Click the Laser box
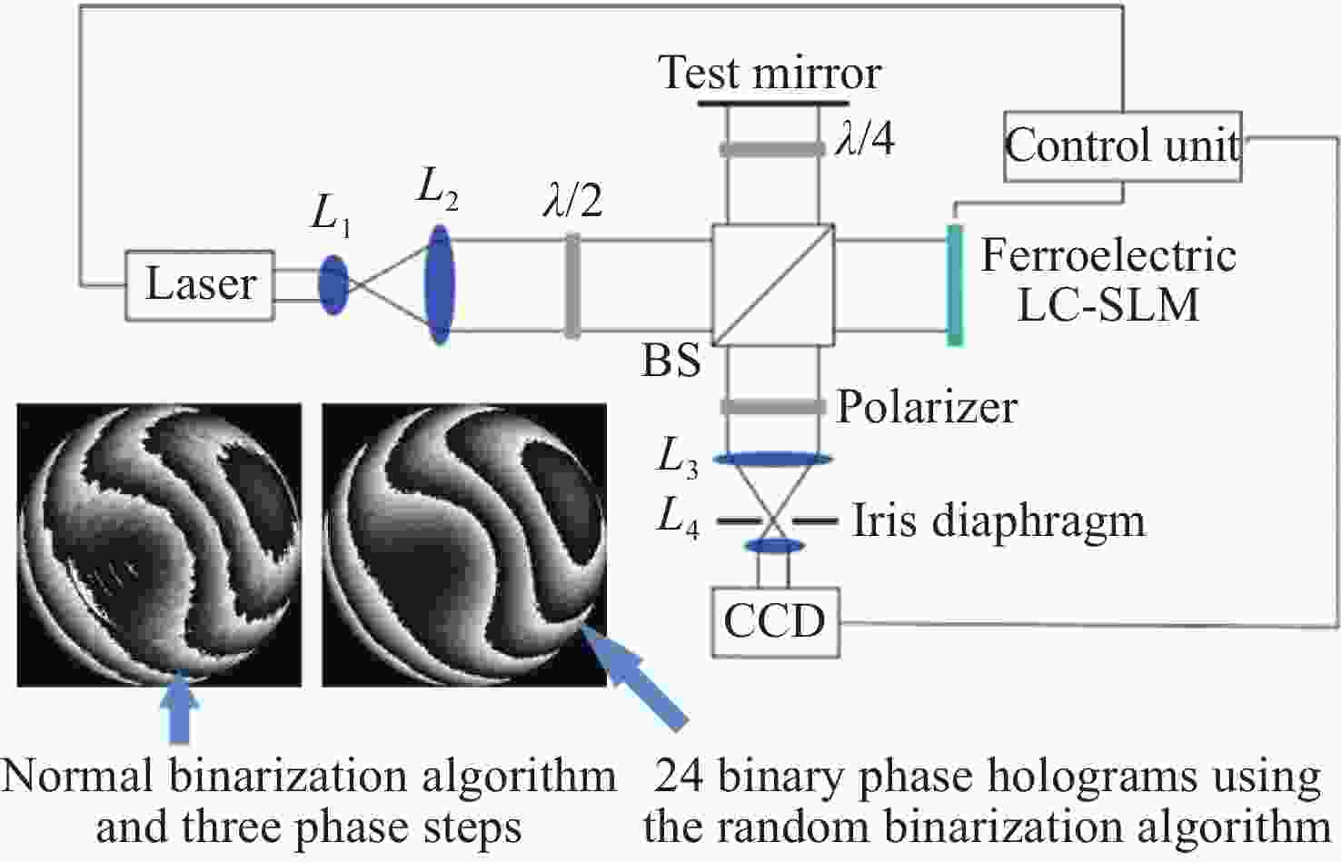[x=199, y=285]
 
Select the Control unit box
[x=1122, y=146]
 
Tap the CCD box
[x=774, y=622]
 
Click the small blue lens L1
[x=333, y=285]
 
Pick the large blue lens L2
[x=440, y=284]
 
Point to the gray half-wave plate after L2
[x=572, y=286]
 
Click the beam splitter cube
[x=772, y=285]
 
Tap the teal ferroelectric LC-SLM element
[x=954, y=285]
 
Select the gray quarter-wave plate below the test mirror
[x=771, y=149]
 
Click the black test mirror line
[x=771, y=102]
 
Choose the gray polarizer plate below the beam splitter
[x=772, y=406]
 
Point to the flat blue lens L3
[x=772, y=460]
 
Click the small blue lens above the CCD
[x=774, y=546]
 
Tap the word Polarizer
[x=927, y=406]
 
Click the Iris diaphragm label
[x=998, y=521]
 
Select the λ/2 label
[x=572, y=200]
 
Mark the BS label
[x=671, y=361]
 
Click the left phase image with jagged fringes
[x=159, y=545]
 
